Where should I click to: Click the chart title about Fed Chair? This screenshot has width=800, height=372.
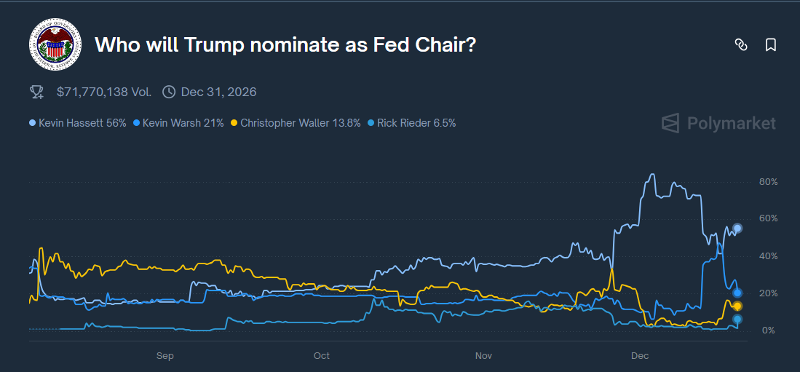coord(285,45)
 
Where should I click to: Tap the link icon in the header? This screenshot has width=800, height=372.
coord(741,45)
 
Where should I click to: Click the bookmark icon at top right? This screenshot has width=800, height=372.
coord(771,45)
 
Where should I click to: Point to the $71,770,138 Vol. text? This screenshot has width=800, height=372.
coord(103,92)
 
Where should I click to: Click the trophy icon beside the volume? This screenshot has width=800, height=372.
coord(36,92)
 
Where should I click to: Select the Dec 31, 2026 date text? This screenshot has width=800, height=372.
coord(218,92)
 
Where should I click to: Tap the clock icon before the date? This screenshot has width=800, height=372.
coord(169,92)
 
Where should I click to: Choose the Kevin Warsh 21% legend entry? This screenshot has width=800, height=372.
coord(178,123)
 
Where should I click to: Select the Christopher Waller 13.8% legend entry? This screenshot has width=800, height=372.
coord(296,123)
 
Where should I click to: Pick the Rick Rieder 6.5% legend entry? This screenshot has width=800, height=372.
coord(413,123)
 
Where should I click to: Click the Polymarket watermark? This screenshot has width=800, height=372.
coord(718,123)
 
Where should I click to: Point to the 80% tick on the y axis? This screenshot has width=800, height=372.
coord(768,181)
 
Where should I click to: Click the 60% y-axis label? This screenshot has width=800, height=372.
coord(768,218)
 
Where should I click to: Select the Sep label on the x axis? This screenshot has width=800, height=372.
coord(165,356)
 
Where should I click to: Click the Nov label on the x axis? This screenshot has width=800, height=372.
coord(483,356)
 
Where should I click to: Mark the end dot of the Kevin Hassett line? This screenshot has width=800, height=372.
coord(737,229)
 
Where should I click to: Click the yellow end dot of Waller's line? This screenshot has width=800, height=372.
coord(737,306)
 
